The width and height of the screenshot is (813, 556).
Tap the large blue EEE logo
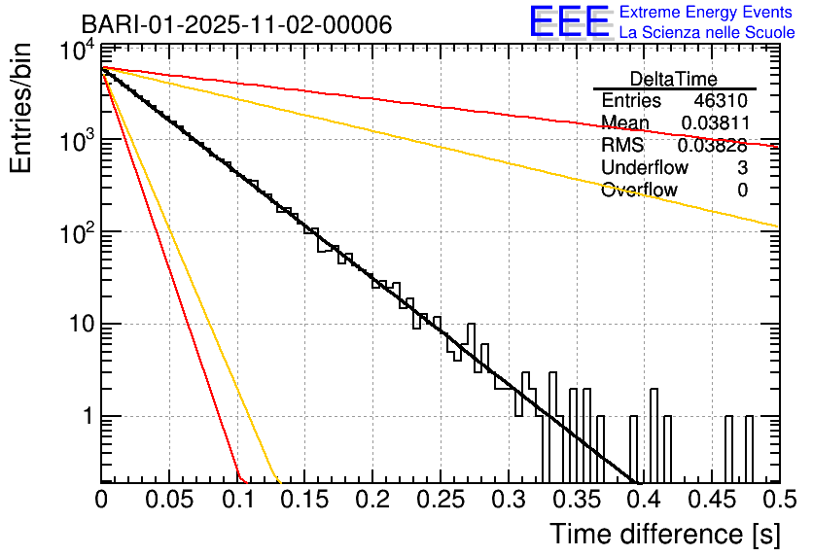[569, 22]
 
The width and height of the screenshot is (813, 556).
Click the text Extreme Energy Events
[707, 13]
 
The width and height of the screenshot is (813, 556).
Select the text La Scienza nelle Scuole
[707, 32]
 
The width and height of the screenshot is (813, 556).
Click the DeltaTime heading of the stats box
[673, 79]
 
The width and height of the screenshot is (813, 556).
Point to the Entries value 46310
[721, 101]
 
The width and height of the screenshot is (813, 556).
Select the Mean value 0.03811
[714, 123]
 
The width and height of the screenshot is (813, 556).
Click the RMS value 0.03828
[712, 146]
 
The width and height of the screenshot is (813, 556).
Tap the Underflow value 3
[742, 168]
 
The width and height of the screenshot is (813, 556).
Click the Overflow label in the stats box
[639, 191]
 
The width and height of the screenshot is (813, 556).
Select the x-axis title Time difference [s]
[663, 534]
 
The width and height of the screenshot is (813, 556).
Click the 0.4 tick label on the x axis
[644, 501]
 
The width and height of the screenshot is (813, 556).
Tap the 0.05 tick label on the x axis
[168, 501]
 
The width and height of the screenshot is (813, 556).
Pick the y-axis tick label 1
[86, 416]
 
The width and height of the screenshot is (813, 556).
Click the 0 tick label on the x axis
[101, 501]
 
